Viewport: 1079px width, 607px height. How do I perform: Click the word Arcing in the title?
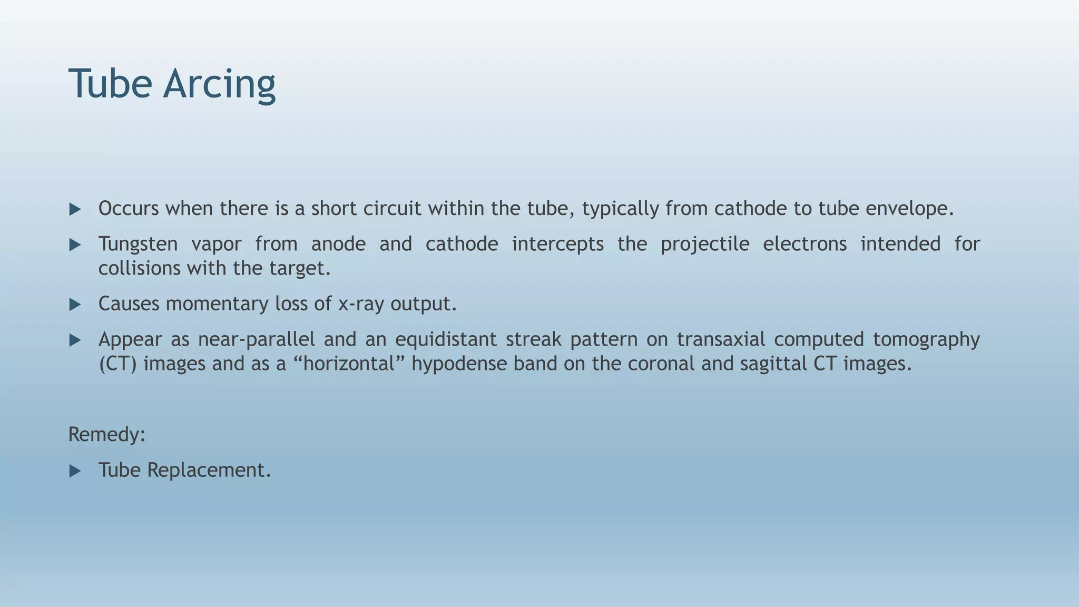[219, 84]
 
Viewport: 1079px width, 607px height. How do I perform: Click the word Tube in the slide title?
[110, 84]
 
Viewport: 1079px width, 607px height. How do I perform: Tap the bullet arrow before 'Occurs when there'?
[75, 210]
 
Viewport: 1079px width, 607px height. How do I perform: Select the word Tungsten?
[138, 244]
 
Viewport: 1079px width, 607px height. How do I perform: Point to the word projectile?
[705, 244]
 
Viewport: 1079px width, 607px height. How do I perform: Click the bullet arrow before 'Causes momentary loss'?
[75, 305]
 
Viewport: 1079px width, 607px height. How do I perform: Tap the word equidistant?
[446, 339]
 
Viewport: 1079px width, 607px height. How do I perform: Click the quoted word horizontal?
[349, 364]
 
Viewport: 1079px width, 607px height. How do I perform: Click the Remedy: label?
[107, 435]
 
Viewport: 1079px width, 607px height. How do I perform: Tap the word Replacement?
[209, 470]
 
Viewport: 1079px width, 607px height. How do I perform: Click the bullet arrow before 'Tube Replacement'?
[75, 471]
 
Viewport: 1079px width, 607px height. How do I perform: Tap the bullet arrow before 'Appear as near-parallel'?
[75, 340]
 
